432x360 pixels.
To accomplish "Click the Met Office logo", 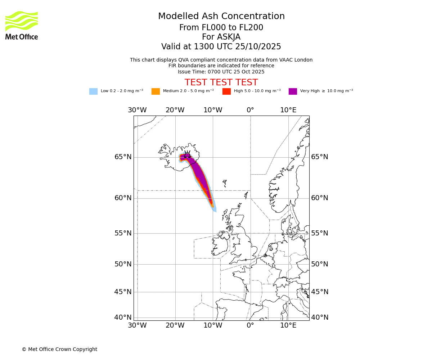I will point(22,25).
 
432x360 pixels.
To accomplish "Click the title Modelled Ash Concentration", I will point(221,17).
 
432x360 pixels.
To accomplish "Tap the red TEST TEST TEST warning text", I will point(221,82).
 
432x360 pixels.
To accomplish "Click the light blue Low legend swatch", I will point(93,91).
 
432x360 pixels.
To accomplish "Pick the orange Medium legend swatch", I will point(156,91).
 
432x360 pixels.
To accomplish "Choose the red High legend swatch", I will point(226,91).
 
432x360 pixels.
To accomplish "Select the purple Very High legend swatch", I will point(293,91).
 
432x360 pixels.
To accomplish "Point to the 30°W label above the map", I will point(137,110).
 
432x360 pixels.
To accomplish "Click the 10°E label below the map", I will point(288,326).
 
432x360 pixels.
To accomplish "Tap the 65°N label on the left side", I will point(123,157).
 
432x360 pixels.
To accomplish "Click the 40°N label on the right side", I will point(320,318).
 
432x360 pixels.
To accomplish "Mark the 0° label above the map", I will point(250,110).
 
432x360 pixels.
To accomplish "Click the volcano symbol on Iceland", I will point(187,155).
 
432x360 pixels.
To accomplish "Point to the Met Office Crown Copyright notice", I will point(59,350).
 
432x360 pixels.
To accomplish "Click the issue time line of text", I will point(221,72).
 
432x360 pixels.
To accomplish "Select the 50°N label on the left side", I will point(123,264).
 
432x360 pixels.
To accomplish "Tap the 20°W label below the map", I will point(175,326).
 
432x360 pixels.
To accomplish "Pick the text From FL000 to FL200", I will point(221,28).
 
